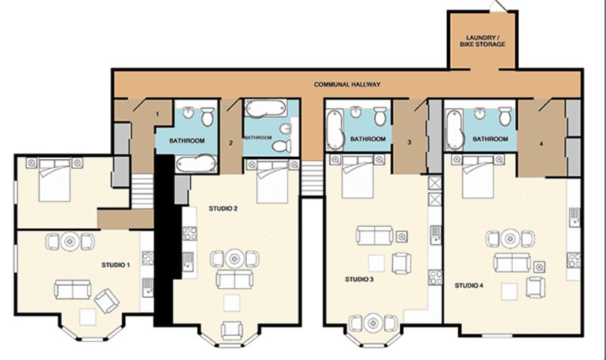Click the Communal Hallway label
[347, 84]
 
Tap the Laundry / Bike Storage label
[483, 41]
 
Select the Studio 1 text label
[116, 265]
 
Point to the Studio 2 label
[223, 209]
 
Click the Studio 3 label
[359, 279]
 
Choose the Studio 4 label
[469, 286]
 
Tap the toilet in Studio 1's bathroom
[208, 117]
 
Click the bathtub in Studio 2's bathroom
[266, 108]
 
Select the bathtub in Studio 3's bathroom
[335, 130]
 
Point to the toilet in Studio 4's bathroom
[504, 117]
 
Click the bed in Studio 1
[55, 179]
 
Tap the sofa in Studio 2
[235, 279]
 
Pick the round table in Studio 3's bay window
[373, 323]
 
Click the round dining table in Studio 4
[511, 239]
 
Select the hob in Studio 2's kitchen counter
[190, 233]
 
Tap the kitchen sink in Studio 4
[574, 217]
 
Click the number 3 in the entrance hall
[409, 142]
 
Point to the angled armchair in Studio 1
[107, 301]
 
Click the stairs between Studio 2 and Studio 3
[312, 179]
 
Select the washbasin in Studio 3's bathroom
[356, 112]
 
